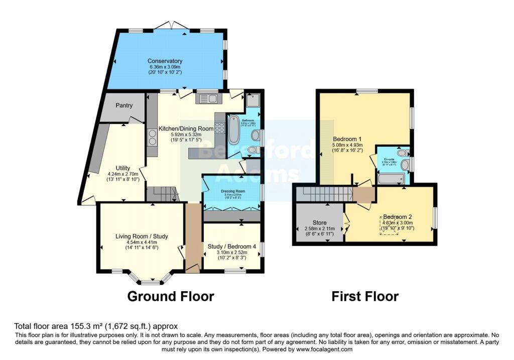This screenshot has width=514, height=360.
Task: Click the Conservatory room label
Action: pyautogui.click(x=165, y=61)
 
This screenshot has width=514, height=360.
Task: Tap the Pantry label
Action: pyautogui.click(x=124, y=105)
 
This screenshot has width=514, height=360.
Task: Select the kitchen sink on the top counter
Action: pyautogui.click(x=208, y=99)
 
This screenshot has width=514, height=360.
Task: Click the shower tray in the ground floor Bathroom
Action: pyautogui.click(x=252, y=100)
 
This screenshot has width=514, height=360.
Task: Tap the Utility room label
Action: pyautogui.click(x=123, y=168)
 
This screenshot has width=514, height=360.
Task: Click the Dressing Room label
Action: pyautogui.click(x=232, y=191)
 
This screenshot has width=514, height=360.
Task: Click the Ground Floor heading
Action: pyautogui.click(x=171, y=296)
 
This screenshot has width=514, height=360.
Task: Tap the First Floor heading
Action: pyautogui.click(x=365, y=296)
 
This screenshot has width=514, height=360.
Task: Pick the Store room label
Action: pyautogui.click(x=319, y=222)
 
